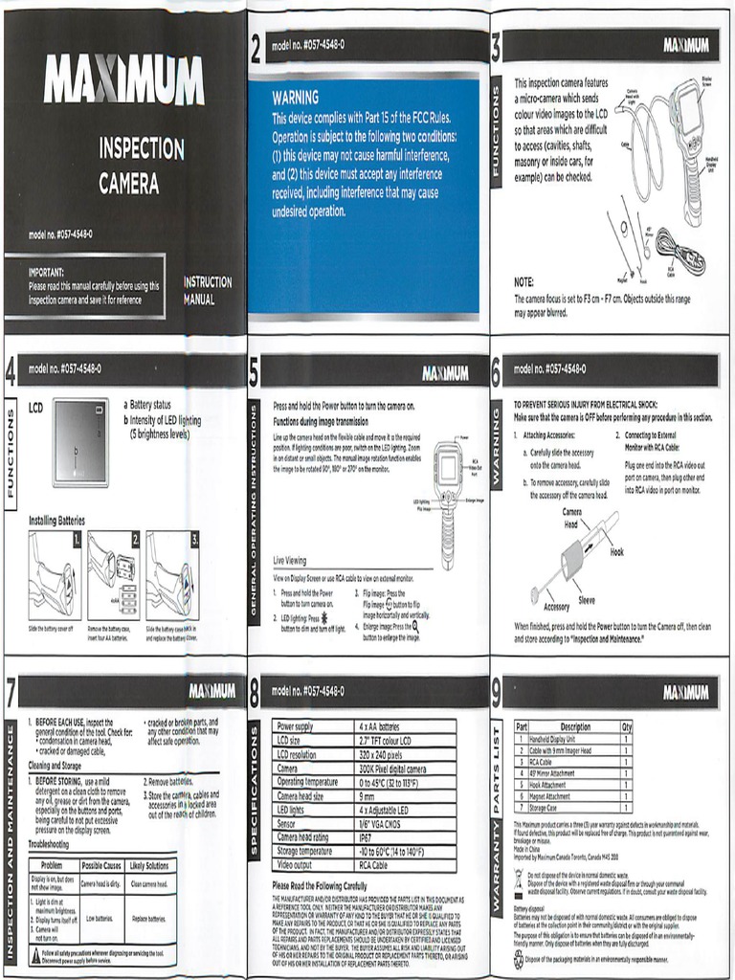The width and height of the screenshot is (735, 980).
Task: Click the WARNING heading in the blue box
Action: click(295, 98)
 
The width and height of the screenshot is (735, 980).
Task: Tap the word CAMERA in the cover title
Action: click(128, 182)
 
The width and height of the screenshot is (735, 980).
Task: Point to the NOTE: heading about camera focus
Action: click(524, 282)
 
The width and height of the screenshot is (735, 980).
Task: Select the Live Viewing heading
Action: click(290, 561)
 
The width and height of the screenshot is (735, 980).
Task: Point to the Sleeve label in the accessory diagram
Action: click(586, 600)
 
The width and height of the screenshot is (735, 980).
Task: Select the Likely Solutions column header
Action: click(149, 865)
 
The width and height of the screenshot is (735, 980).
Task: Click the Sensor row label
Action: click(287, 823)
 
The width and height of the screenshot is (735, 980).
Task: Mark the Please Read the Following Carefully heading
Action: click(319, 885)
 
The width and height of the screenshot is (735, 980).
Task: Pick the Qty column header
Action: click(626, 726)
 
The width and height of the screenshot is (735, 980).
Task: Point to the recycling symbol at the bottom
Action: click(519, 959)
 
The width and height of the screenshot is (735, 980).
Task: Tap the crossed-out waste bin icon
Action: click(520, 877)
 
